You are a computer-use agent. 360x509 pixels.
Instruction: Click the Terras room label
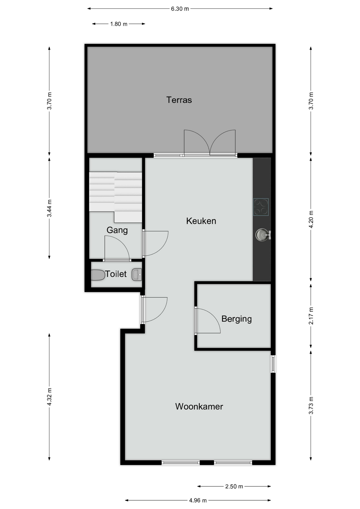(x=179, y=100)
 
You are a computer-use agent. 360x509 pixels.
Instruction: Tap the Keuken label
(x=201, y=221)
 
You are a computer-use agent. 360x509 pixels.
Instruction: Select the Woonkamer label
(x=199, y=406)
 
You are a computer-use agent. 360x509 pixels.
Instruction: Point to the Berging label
(x=236, y=319)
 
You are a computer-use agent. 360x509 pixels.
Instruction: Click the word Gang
(x=117, y=230)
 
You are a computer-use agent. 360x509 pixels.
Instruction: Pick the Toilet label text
(x=116, y=274)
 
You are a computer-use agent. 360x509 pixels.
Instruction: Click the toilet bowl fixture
(x=98, y=275)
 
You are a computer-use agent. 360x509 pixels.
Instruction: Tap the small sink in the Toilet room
(x=137, y=275)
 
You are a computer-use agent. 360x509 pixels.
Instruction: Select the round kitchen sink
(x=262, y=235)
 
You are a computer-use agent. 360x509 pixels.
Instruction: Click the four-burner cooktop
(x=261, y=207)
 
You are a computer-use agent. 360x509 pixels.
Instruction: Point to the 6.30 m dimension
(x=180, y=9)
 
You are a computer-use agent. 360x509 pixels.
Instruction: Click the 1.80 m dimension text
(x=119, y=24)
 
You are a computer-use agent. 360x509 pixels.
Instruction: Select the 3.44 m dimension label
(x=49, y=208)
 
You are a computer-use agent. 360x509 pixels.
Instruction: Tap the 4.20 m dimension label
(x=311, y=219)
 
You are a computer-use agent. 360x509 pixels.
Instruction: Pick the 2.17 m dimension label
(x=311, y=316)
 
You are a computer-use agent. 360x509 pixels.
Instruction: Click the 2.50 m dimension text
(x=234, y=486)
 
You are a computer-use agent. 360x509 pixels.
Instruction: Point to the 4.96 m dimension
(x=198, y=501)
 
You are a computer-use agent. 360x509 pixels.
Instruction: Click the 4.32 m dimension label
(x=49, y=397)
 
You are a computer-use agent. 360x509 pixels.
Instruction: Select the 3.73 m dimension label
(x=311, y=405)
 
